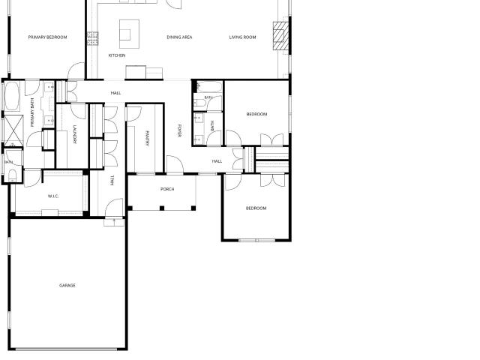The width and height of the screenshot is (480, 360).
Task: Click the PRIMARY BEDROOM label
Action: pos(47,37)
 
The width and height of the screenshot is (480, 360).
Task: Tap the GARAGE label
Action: pos(67,286)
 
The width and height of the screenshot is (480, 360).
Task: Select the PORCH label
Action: pos(167,189)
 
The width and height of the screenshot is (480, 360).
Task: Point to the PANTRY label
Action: pos(147,138)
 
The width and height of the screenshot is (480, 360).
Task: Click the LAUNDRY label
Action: pos(75,134)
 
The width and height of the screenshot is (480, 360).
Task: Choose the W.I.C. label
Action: pos(53,196)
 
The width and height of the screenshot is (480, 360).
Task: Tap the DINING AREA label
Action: pos(179,37)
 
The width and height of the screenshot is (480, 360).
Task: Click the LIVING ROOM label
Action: pos(242,37)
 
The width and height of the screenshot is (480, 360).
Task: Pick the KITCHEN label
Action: pos(117,55)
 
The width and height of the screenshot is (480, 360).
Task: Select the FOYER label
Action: pos(179,130)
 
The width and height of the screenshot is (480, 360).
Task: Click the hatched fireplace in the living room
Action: pos(280,36)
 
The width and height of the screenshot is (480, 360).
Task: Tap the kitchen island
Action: pos(129,34)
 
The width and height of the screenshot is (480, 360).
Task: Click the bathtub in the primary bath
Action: pos(12,96)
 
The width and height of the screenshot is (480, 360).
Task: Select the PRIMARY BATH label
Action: pos(32,112)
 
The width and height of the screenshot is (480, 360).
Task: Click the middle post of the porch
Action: pos(162,208)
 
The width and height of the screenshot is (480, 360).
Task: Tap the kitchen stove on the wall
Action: pos(92,38)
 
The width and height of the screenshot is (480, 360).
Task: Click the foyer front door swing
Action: pos(175,164)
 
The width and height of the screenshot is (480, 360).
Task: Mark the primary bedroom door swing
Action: pos(76,70)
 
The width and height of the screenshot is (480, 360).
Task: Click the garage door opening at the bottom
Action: pos(67,349)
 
